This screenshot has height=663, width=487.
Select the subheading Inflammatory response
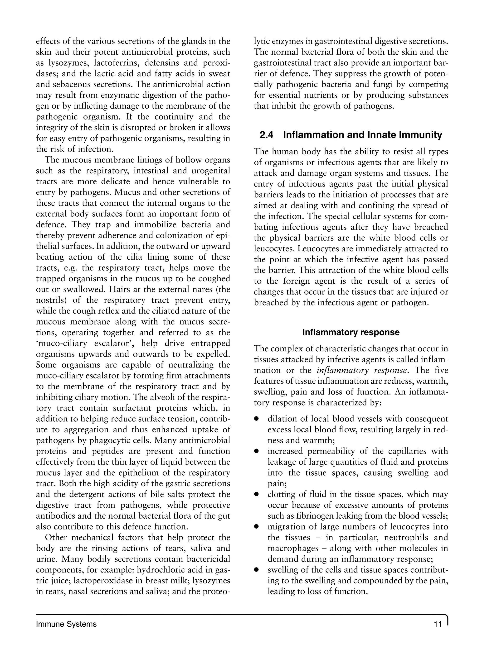(351, 332)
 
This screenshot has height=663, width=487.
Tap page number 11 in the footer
(438, 624)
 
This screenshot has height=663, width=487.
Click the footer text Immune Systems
(66, 624)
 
